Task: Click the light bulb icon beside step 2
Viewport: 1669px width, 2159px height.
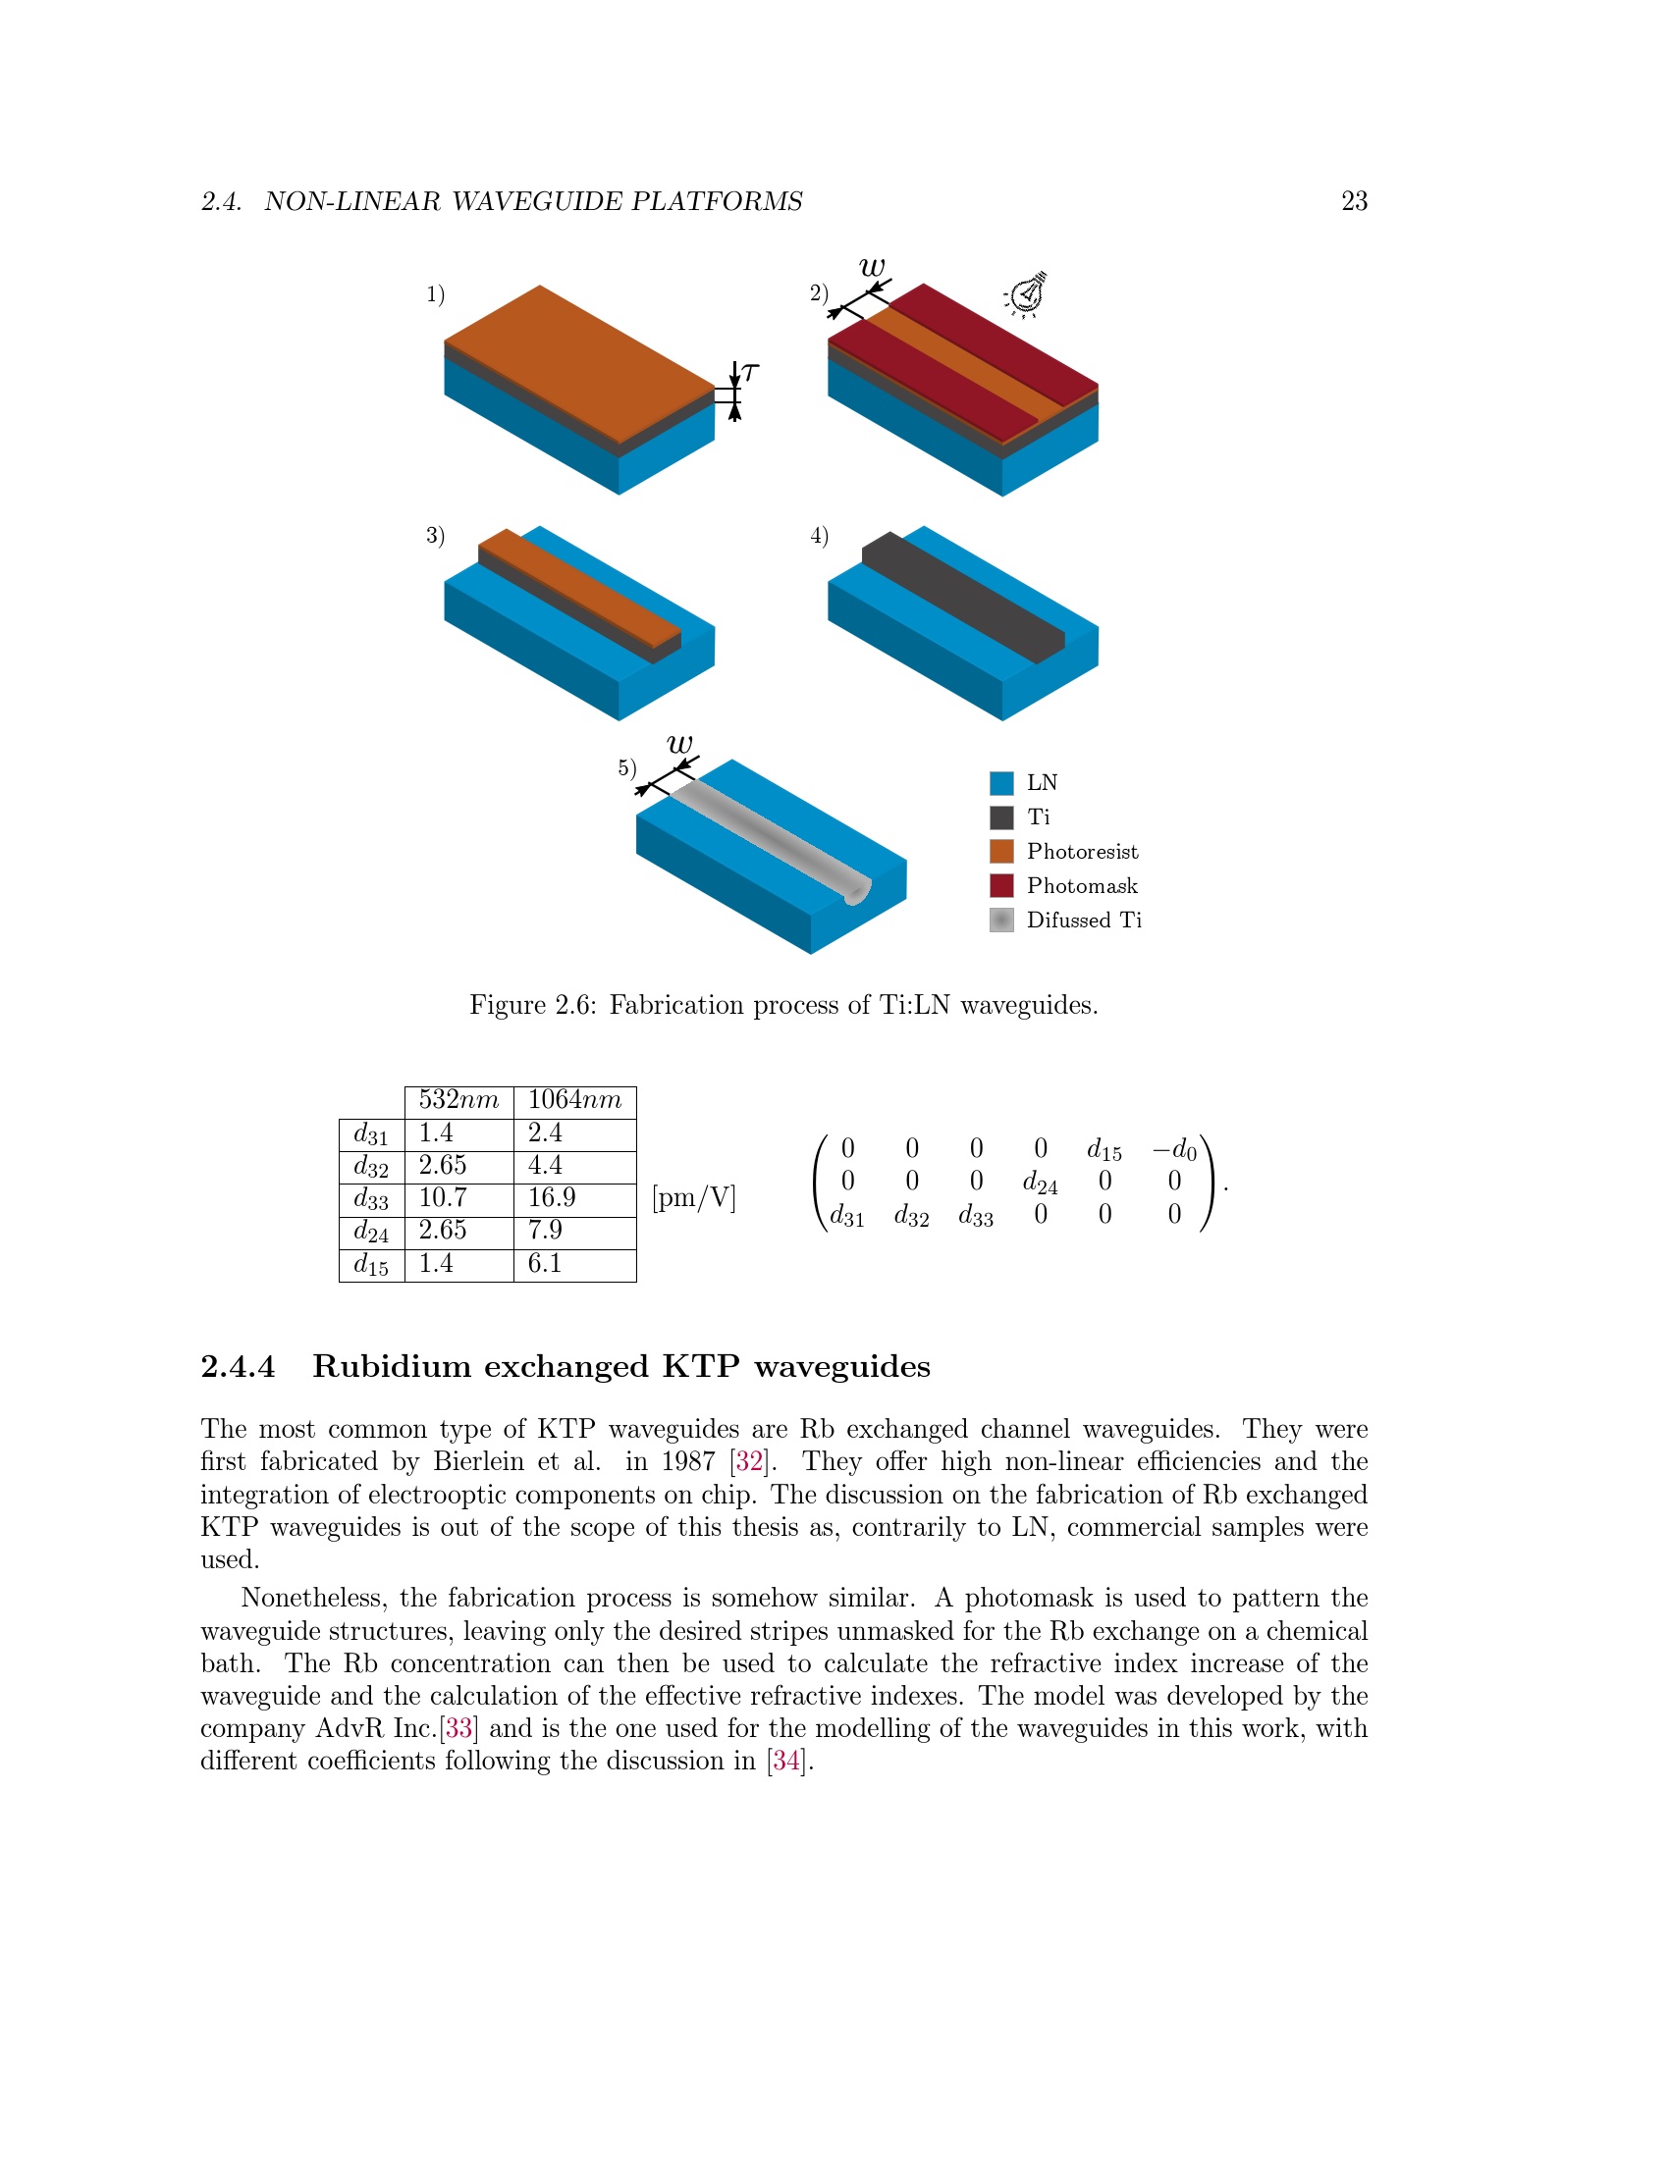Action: [1027, 293]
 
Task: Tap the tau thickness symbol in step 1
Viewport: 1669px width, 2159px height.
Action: [750, 372]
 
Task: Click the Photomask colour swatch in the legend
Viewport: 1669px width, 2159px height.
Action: [1001, 886]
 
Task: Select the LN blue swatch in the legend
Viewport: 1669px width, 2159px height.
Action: [1001, 783]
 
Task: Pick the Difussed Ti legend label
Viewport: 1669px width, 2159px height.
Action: [1084, 921]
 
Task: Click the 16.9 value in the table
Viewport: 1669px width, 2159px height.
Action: [552, 1198]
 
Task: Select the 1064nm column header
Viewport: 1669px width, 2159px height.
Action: [574, 1100]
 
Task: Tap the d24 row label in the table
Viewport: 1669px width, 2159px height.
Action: [371, 1232]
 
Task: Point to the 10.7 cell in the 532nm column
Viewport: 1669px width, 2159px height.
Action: [442, 1198]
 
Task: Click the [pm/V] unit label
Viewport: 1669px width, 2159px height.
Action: [694, 1198]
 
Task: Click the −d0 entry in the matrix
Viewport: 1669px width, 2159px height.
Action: [1173, 1150]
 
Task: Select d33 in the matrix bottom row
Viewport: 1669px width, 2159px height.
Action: [975, 1216]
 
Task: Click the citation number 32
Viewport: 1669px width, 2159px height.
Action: [749, 1461]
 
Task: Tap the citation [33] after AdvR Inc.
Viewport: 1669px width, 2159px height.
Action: [458, 1728]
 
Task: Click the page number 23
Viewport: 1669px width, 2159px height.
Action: [1354, 201]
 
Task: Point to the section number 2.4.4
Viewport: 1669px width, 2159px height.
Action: [239, 1367]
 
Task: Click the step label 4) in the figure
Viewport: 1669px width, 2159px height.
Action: [819, 536]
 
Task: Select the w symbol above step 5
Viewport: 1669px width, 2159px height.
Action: [680, 744]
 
